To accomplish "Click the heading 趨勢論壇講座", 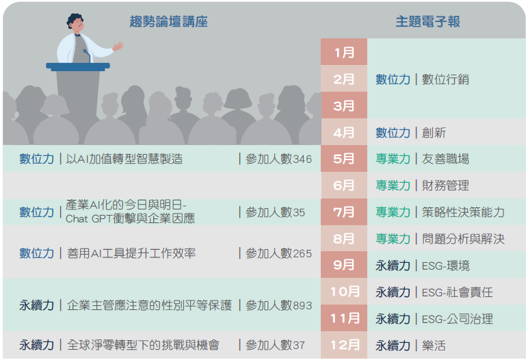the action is point(169,22).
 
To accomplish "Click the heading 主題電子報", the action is point(427,22).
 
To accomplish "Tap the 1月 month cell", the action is point(344,52).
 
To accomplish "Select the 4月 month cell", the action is point(344,132).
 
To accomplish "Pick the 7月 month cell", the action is point(344,212).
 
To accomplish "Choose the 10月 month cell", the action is point(344,292).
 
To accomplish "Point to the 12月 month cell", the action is point(344,345).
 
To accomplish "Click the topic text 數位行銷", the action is point(445,79).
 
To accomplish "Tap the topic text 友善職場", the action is point(445,159).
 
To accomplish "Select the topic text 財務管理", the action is point(445,185).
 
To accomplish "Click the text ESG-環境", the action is point(445,266).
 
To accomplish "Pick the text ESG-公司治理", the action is point(458,319).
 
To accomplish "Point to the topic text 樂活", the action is point(434,346).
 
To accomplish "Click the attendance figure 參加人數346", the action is point(278,159).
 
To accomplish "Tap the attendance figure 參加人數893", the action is point(278,305).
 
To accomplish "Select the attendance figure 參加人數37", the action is point(275,345).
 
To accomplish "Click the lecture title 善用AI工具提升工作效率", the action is point(131,253).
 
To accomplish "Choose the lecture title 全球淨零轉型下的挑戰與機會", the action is point(143,345).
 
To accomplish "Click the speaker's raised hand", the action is point(118,46).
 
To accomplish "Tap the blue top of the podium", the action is point(78,66).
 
